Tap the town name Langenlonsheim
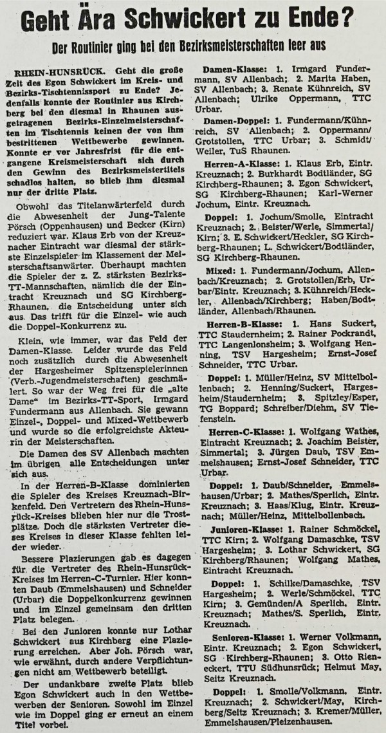pos(253,342)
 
